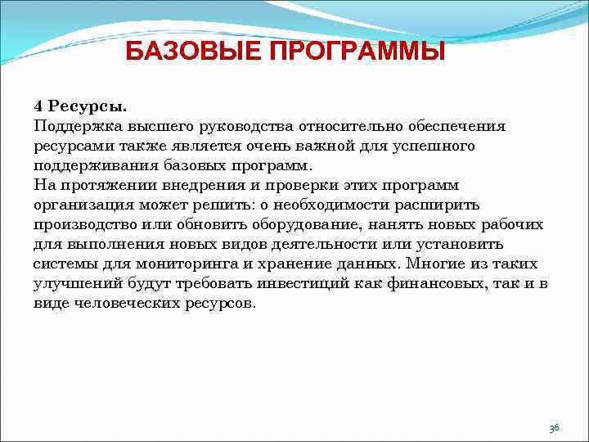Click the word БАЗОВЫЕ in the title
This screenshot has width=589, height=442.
click(x=184, y=52)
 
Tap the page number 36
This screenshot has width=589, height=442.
click(x=554, y=428)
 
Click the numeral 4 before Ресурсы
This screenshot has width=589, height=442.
click(x=38, y=106)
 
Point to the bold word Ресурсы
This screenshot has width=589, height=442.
click(x=88, y=106)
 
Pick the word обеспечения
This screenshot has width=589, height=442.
click(x=459, y=126)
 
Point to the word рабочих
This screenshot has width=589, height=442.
click(x=510, y=224)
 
